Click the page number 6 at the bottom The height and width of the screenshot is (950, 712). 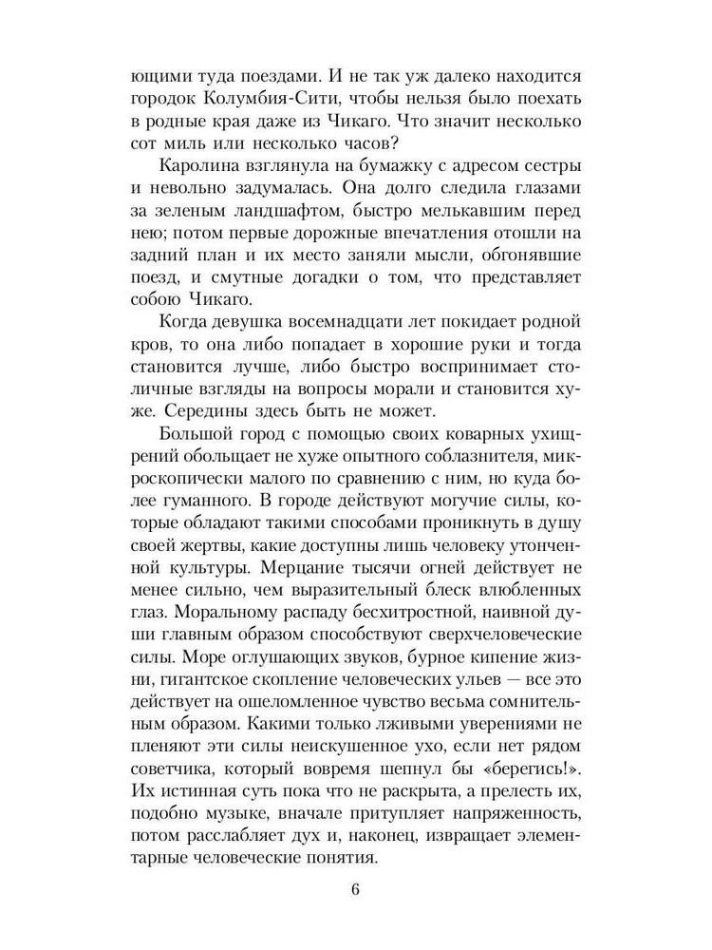click(x=355, y=890)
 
